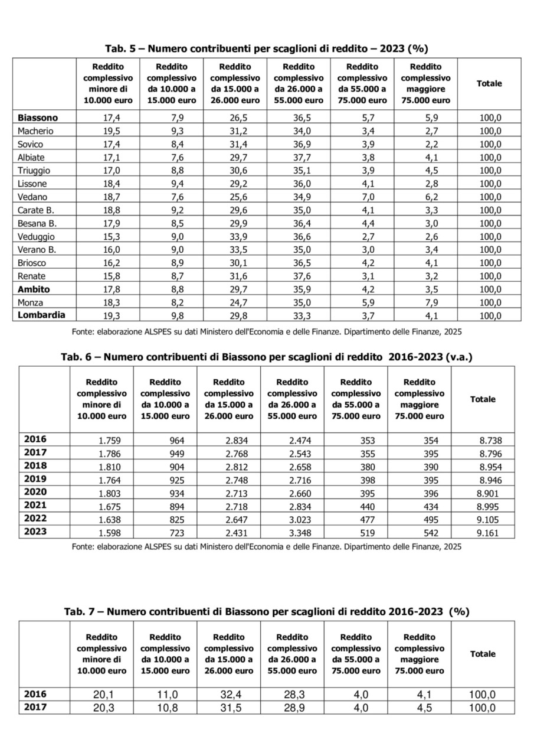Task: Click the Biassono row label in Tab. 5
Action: pos(38,118)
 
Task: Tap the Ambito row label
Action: pos(34,289)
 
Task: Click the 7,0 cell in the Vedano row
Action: pos(362,197)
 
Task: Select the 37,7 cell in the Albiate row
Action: pos(299,157)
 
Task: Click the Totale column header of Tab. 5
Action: pos(489,83)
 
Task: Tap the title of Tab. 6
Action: pos(267,357)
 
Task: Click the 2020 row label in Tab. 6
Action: pos(35,491)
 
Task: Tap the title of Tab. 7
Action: pos(266,612)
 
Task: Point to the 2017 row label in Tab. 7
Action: pos(35,707)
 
